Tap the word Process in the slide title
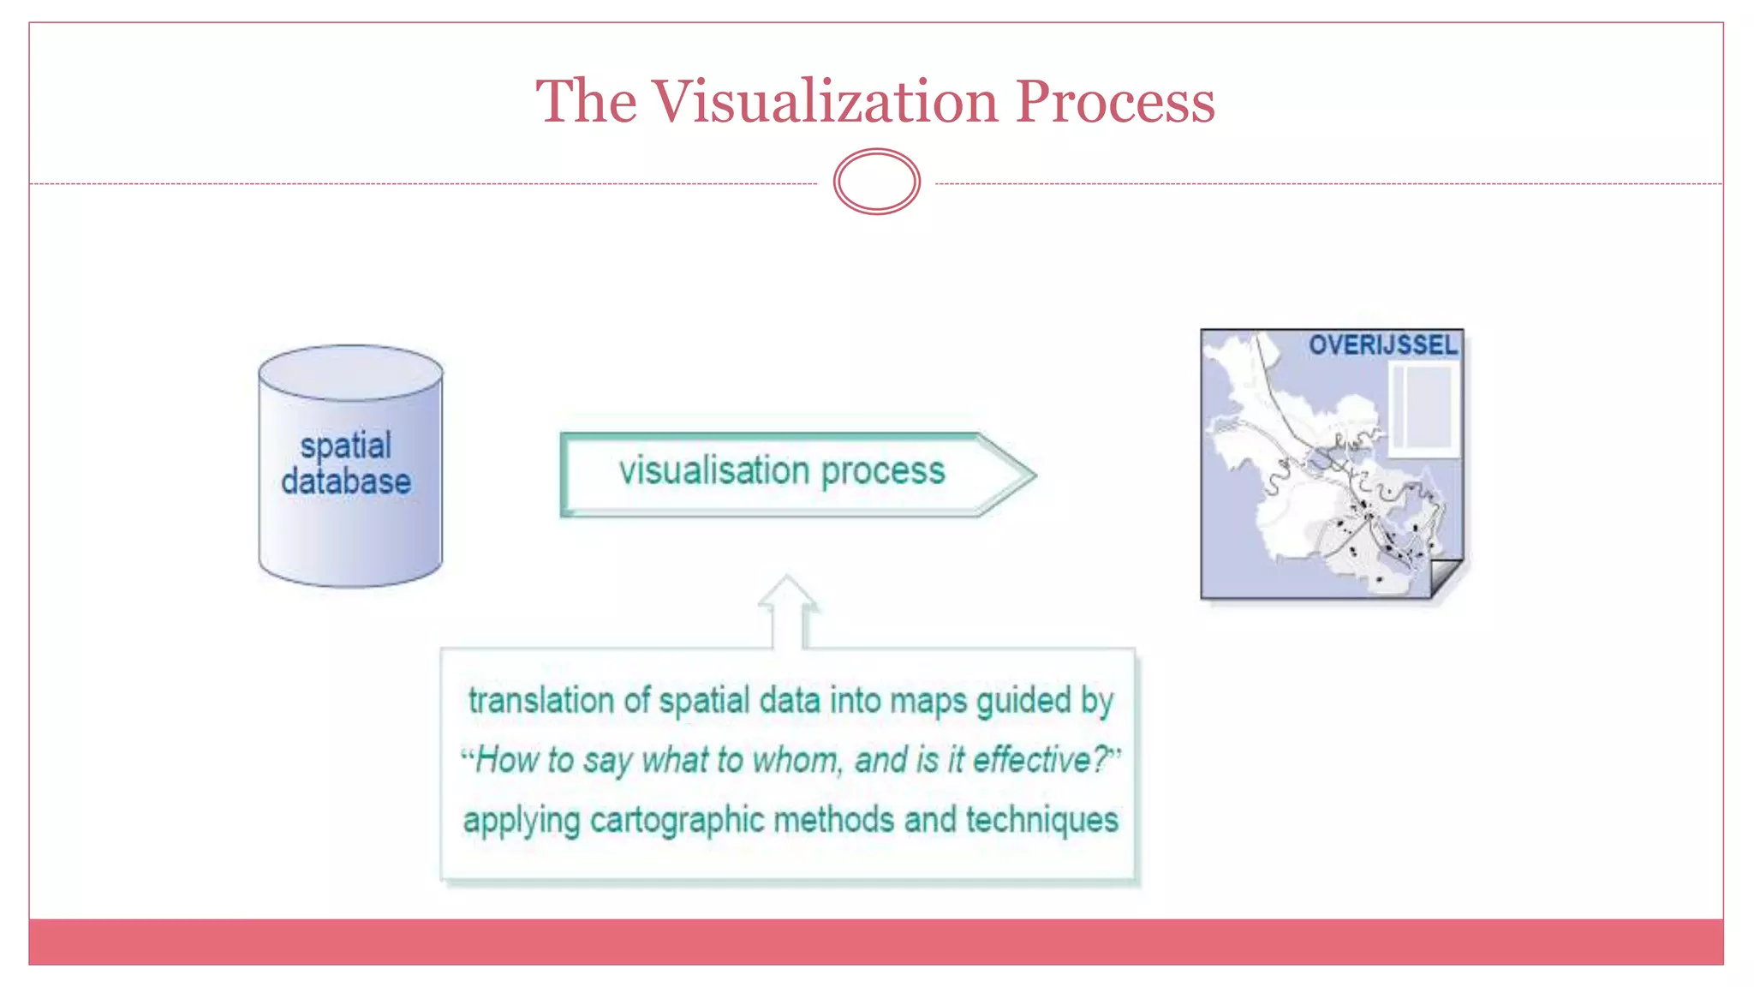(1114, 101)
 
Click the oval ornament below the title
(876, 182)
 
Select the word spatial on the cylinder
(346, 446)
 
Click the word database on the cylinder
(346, 482)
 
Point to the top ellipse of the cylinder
(350, 372)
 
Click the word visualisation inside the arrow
(714, 470)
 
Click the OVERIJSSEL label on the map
(1382, 345)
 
